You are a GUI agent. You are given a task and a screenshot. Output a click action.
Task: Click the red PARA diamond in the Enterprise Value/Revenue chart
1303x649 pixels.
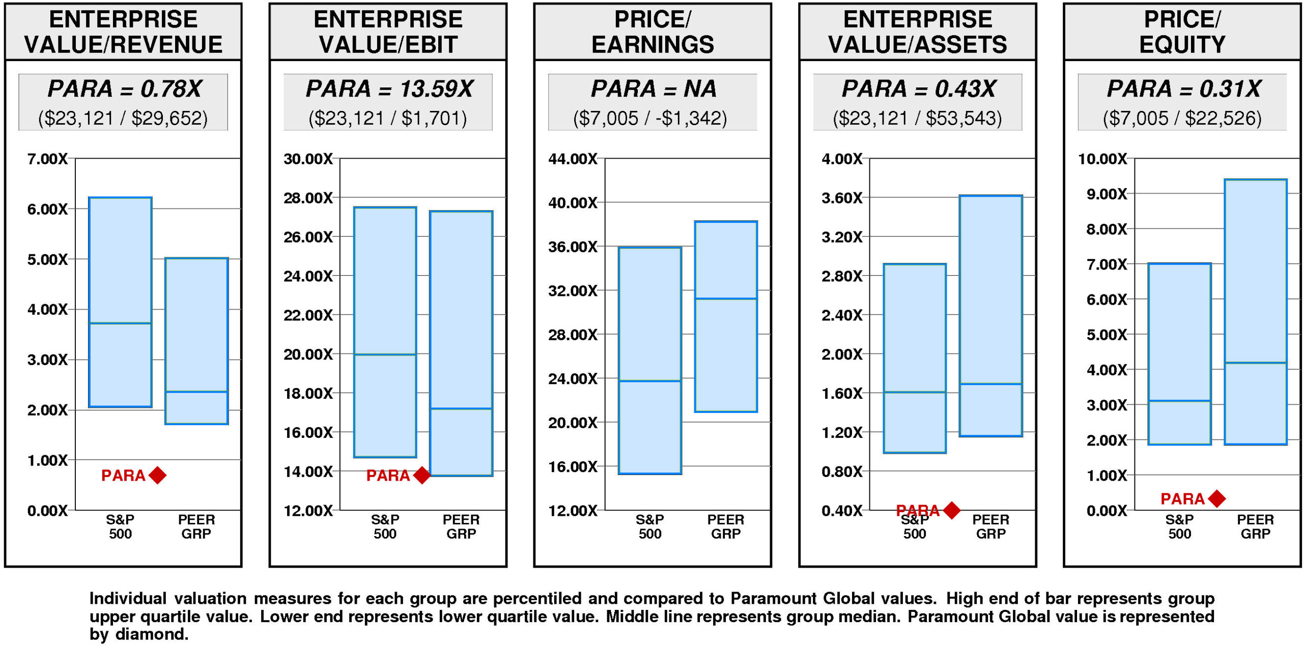158,475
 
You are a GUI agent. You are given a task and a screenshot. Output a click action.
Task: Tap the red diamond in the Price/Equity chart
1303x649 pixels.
1216,498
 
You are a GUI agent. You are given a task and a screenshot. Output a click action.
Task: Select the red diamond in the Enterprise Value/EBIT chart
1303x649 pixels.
422,475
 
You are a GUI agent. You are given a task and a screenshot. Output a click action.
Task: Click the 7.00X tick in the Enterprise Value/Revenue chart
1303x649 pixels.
47,159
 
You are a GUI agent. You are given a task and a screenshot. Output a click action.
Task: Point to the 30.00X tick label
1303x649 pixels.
308,159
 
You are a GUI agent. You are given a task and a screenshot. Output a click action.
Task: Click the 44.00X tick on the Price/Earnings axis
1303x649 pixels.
573,159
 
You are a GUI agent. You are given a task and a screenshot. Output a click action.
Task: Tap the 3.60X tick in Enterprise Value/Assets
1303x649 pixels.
842,198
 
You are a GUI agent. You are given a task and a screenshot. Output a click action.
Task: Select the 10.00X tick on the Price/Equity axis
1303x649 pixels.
1102,159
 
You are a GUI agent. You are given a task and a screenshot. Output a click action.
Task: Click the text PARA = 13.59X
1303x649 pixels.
389,89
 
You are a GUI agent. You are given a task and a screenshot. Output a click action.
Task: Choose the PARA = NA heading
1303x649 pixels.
654,89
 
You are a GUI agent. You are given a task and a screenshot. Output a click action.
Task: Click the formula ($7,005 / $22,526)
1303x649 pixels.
1182,119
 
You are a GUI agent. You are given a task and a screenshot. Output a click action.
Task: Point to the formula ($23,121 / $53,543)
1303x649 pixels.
917,119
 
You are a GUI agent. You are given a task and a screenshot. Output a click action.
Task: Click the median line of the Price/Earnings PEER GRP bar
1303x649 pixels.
726,299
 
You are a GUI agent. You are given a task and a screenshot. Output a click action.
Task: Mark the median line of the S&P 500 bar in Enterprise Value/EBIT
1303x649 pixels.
385,355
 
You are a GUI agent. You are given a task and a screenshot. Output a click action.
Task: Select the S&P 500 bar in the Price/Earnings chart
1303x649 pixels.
650,315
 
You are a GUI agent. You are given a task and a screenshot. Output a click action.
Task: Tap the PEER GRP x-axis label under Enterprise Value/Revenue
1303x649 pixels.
196,526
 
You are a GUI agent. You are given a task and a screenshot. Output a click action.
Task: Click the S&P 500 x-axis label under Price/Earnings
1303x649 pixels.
650,526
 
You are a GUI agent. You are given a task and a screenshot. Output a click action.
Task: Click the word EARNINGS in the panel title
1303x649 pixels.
653,45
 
